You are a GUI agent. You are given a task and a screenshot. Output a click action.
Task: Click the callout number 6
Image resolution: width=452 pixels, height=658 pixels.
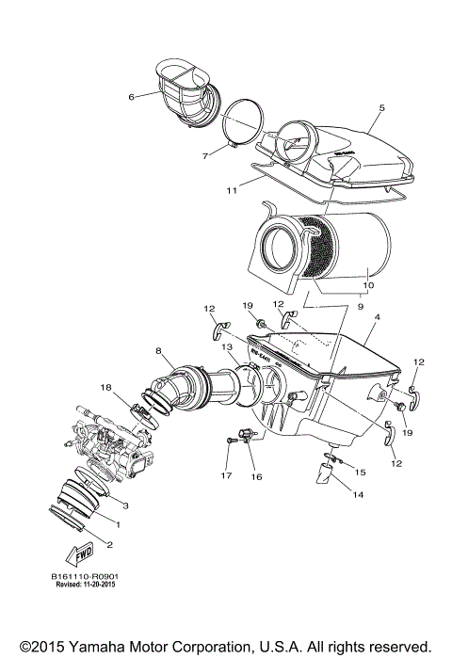(x=132, y=95)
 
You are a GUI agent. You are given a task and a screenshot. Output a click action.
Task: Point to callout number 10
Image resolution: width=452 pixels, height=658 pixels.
(x=367, y=284)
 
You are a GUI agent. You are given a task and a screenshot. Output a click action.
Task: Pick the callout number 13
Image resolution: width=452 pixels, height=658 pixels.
(x=226, y=348)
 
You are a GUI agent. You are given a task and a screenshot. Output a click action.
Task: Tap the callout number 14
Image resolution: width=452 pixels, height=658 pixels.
(x=355, y=492)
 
